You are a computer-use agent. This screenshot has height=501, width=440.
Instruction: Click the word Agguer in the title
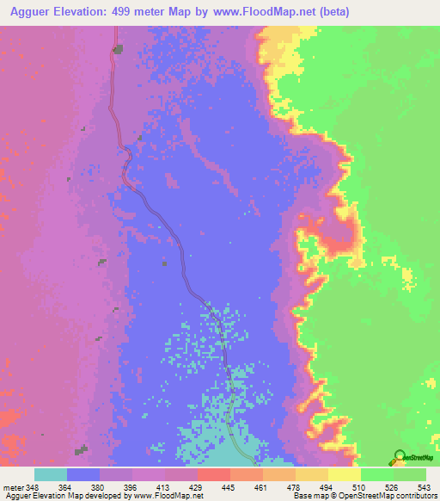[x=33, y=12]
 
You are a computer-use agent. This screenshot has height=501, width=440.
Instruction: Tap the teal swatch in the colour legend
[x=51, y=474]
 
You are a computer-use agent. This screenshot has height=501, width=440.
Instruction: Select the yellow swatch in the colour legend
[x=345, y=474]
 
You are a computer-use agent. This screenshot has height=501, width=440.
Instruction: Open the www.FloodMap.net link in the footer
[x=168, y=495]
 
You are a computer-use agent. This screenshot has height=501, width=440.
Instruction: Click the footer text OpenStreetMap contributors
[x=388, y=495]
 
